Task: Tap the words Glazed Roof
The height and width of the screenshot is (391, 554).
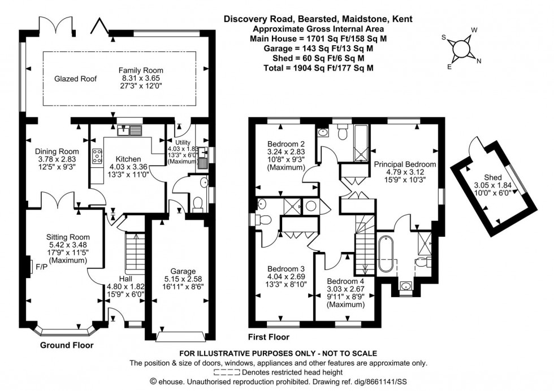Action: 75,79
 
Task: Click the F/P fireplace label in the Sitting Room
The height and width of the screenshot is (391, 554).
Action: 41,266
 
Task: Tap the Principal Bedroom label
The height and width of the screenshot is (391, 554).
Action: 405,164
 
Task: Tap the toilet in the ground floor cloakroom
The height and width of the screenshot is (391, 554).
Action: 198,203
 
